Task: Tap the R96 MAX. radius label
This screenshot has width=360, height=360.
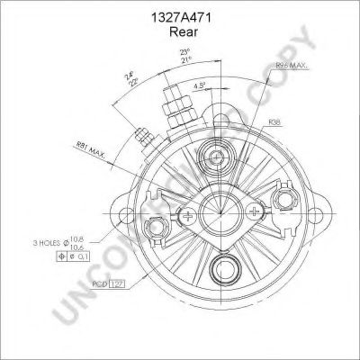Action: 292,65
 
